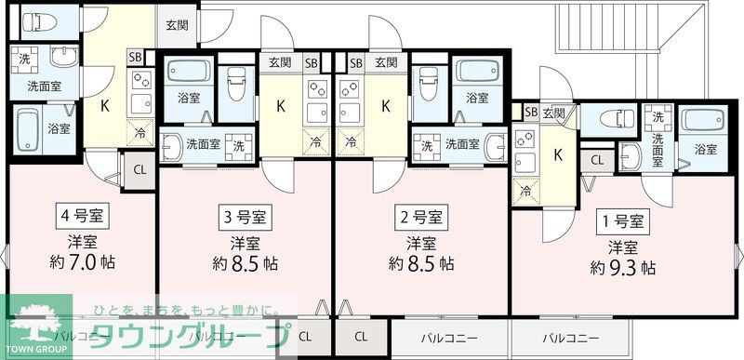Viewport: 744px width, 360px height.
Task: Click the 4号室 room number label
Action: coord(82,216)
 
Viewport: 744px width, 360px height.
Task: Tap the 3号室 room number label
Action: coord(246,219)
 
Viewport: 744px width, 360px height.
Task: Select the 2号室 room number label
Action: coord(421,219)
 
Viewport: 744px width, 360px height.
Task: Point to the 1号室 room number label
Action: coord(622,221)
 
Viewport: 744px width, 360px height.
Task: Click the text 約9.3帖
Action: coord(622,268)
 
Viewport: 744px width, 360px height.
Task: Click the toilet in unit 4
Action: coord(43,20)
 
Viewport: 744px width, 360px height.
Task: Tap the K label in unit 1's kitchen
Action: coord(559,154)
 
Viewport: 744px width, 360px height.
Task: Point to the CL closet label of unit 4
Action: coord(139,169)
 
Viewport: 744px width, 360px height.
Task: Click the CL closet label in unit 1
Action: coord(596,160)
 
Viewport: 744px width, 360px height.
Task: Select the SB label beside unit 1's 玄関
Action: coord(531,113)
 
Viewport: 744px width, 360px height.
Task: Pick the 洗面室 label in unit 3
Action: coord(203,144)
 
